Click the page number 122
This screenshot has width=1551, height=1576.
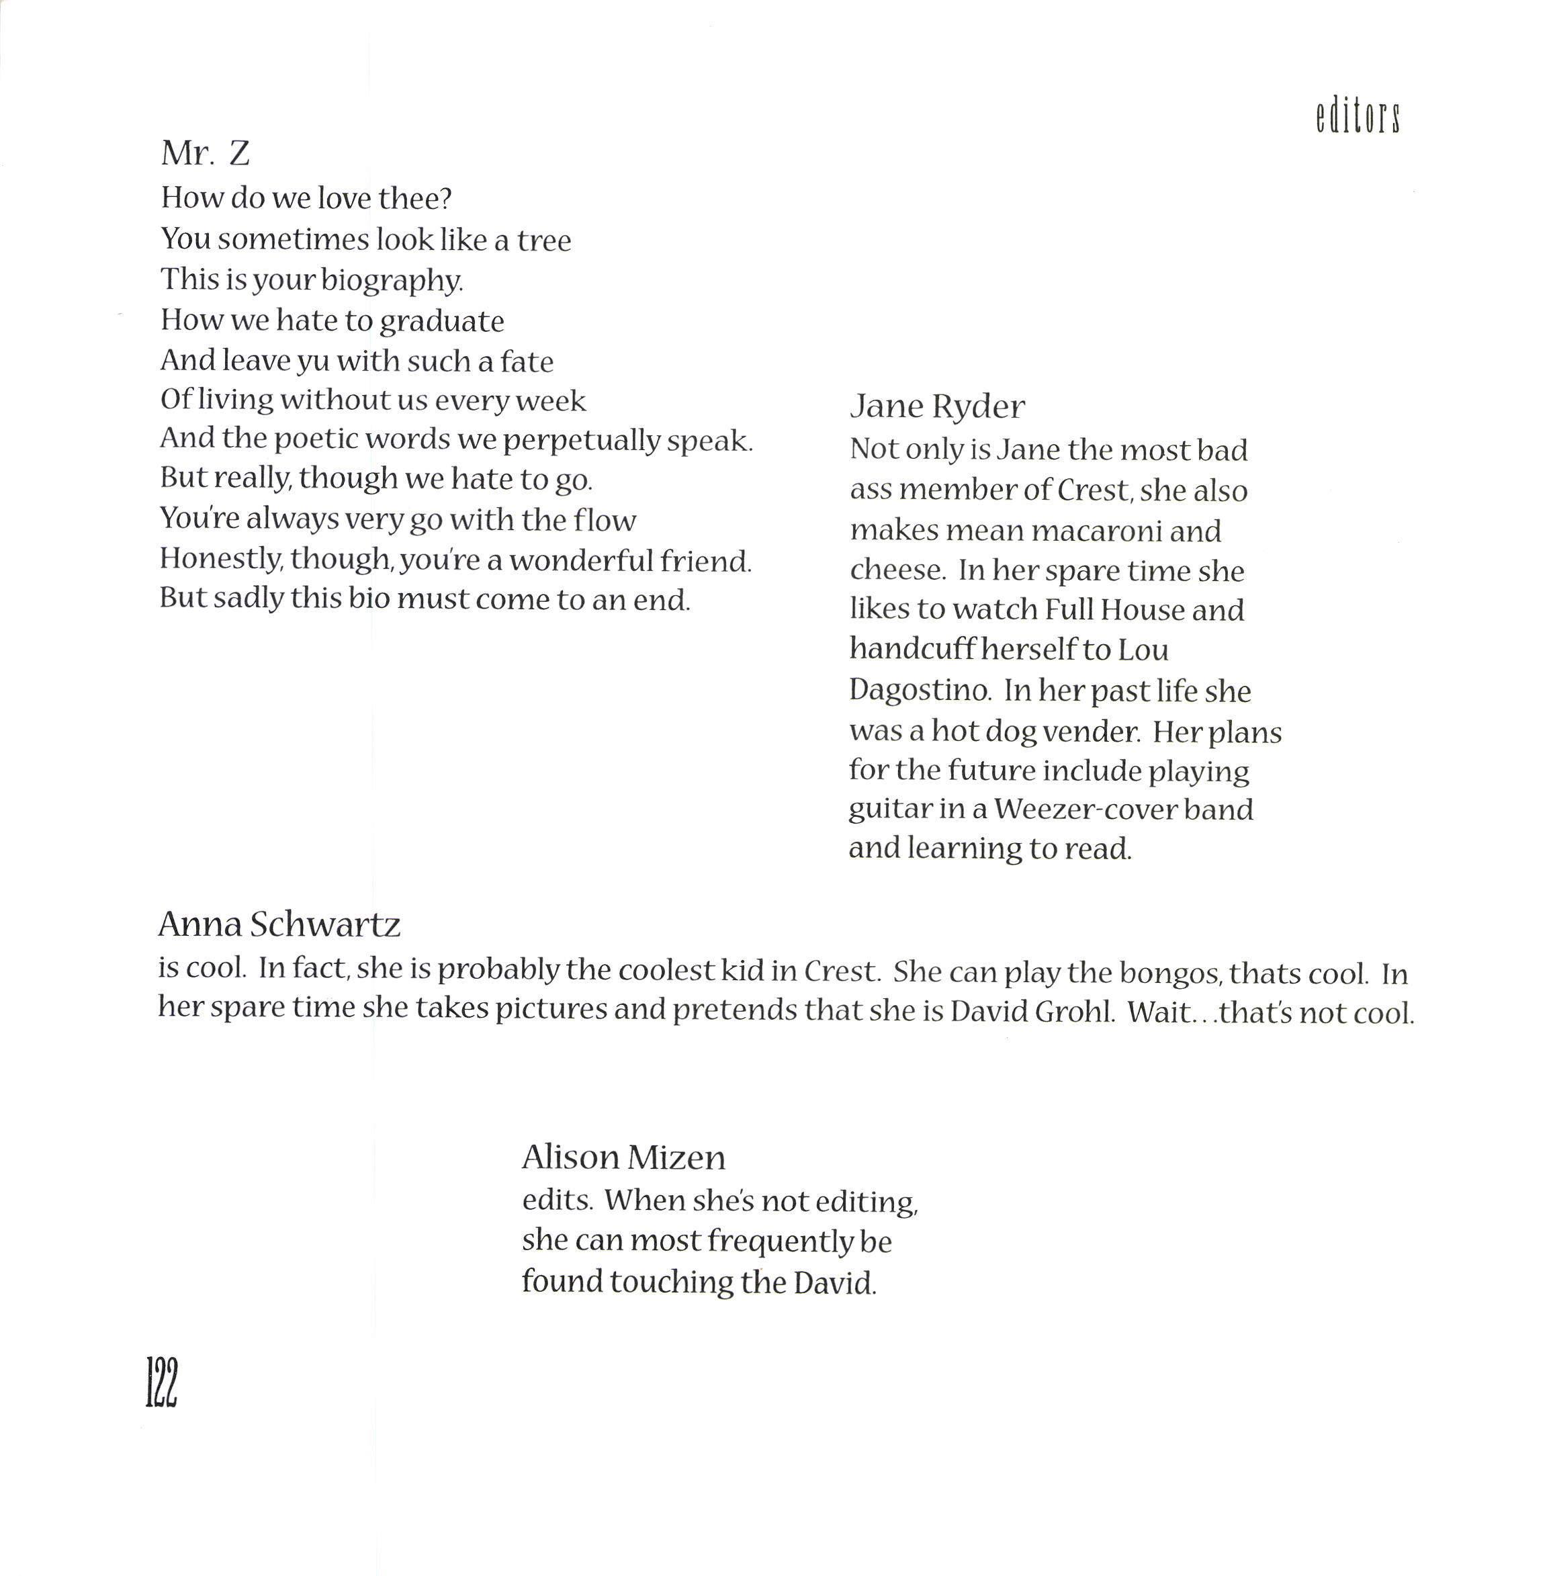click(x=161, y=1382)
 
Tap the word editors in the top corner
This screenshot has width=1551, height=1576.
click(x=1357, y=118)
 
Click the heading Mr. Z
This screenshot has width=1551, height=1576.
click(x=206, y=153)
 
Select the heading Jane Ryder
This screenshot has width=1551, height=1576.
click(x=937, y=406)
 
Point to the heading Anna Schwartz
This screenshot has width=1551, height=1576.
click(x=279, y=924)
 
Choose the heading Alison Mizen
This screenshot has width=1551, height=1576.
click(x=623, y=1157)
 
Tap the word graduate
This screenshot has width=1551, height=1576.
click(x=441, y=322)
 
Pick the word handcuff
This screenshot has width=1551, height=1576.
click(x=912, y=649)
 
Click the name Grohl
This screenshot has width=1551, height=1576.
click(x=1073, y=1012)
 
